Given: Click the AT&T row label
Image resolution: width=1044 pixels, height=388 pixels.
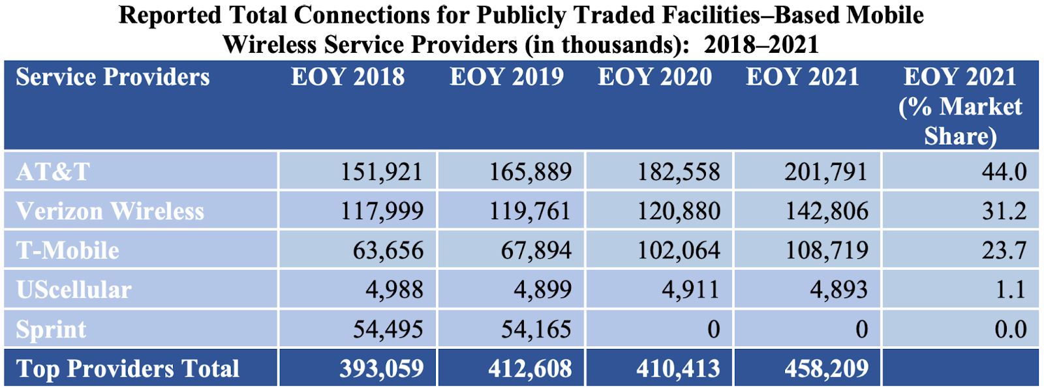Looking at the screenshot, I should pos(53,172).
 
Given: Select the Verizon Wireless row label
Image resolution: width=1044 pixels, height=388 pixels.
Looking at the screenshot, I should pos(110,211).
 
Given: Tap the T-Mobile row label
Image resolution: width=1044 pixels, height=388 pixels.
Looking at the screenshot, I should pos(68,250).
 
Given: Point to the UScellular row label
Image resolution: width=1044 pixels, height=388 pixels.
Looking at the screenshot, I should pos(74,290).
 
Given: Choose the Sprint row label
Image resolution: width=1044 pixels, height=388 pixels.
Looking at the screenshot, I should pos(51,329).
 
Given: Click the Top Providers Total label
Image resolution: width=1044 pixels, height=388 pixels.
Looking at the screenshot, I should pos(128,368).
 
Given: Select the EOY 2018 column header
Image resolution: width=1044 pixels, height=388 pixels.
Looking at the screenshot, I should pos(348,77).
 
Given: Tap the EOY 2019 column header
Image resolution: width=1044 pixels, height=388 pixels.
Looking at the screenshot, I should pos(506,77).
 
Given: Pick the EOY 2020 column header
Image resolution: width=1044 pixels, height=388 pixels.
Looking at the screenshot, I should pos(654,77).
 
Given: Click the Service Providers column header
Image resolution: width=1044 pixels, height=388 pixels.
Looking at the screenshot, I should pos(113,77).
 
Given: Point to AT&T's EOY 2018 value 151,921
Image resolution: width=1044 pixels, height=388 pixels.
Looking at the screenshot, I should pos(382,172).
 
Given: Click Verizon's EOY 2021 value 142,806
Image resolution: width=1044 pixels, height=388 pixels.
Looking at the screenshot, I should pos(827,211).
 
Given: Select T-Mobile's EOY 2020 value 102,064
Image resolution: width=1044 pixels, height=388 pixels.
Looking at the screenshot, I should pos(679,250).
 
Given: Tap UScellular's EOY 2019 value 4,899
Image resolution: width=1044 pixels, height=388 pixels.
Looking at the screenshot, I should pos(542,290).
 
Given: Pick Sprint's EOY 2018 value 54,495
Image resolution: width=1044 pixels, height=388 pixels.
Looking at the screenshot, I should pos(388,329).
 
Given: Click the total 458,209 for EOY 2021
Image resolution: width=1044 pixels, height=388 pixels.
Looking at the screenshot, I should pos(827,368).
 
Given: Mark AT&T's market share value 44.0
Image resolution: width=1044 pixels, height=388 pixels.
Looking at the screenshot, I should pos(1004,172).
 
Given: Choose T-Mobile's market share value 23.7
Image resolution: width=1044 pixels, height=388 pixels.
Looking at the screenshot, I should pos(1004,250).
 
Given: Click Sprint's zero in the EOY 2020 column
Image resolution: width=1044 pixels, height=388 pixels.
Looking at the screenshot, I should pos(713,329).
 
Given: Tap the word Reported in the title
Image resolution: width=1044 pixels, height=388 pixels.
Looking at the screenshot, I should pos(170,15).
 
